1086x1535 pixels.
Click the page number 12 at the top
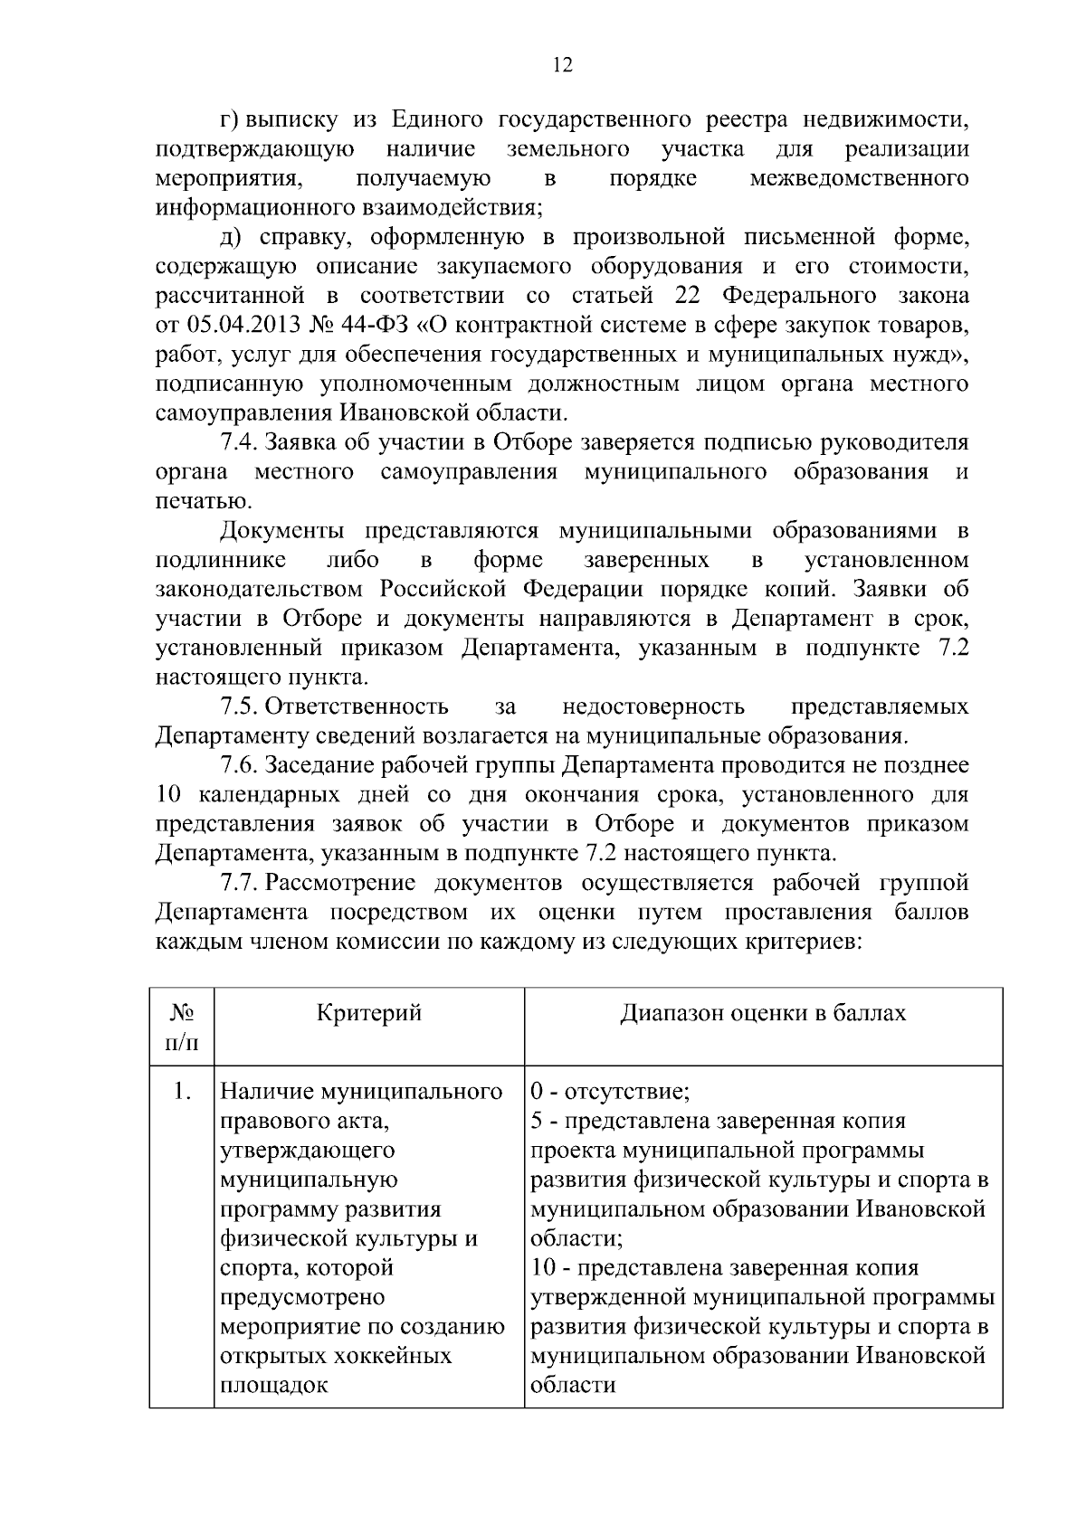click(561, 65)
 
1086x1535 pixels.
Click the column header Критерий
click(369, 1012)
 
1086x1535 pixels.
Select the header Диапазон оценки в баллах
click(762, 1012)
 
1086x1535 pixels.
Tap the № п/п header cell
click(182, 1028)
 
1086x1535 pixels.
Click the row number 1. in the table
click(182, 1092)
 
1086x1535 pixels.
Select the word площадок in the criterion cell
click(273, 1385)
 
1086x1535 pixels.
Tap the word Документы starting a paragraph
click(284, 530)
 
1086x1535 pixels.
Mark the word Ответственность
click(357, 706)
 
